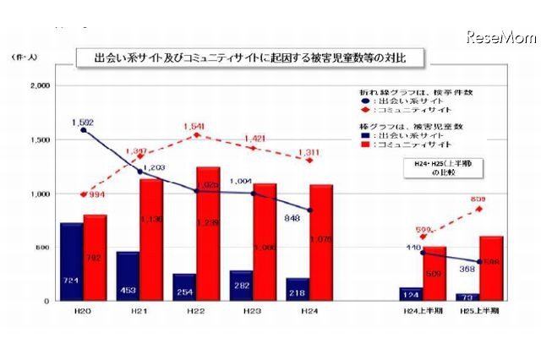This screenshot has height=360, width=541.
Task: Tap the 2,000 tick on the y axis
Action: click(x=40, y=86)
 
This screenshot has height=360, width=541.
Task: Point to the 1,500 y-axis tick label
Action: click(x=40, y=139)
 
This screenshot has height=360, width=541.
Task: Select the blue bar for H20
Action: click(x=71, y=262)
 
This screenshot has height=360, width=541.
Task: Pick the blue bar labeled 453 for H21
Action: click(x=128, y=276)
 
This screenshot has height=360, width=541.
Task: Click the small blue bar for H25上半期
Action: click(x=467, y=297)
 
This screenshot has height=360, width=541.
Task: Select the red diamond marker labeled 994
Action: click(x=83, y=194)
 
